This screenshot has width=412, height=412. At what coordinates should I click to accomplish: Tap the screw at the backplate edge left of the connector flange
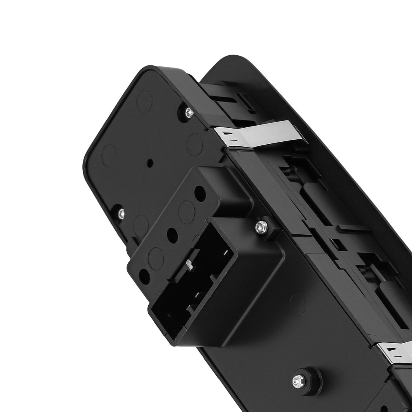point(121,213)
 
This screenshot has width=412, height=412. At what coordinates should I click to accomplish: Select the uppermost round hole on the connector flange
point(201,193)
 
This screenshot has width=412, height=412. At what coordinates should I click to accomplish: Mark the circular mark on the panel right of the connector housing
point(298,304)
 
